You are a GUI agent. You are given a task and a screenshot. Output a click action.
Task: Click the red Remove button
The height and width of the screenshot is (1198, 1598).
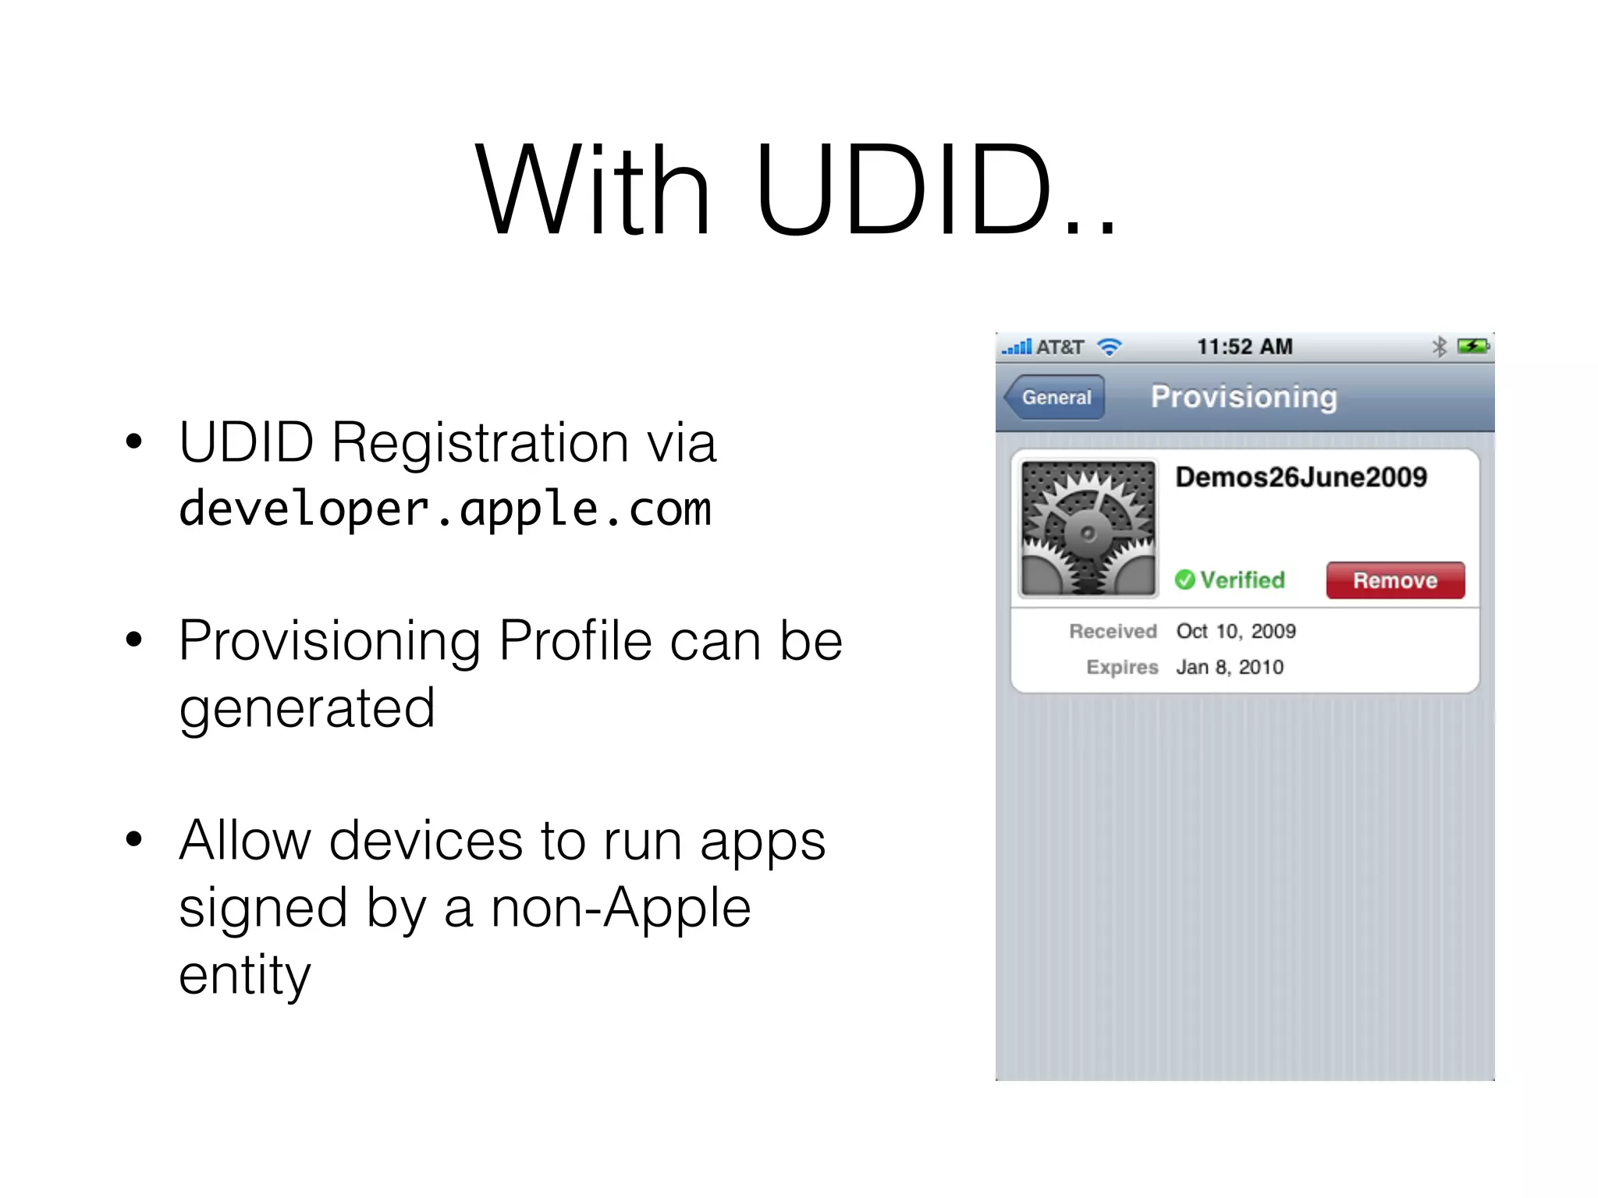[x=1395, y=580]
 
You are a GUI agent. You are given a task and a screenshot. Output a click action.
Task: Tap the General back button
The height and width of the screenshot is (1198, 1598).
[x=1055, y=397]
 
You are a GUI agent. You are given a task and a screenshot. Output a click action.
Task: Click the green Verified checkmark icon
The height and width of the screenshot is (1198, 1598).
[x=1184, y=580]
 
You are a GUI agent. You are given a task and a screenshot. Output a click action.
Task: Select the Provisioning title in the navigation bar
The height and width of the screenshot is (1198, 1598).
[x=1244, y=397]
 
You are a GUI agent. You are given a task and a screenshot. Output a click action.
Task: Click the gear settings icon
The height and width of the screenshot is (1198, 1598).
[x=1088, y=529]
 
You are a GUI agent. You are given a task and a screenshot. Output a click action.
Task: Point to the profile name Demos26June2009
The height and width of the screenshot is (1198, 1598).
[x=1301, y=477]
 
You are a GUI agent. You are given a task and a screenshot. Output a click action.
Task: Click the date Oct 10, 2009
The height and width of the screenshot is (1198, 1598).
[x=1236, y=631]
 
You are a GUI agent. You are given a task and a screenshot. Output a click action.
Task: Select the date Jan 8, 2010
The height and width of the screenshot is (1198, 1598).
[x=1230, y=668]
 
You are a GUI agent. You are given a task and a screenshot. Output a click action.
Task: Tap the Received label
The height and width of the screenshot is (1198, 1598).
[x=1113, y=631]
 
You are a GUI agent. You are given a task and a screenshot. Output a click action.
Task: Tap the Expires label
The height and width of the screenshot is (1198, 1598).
[x=1122, y=668]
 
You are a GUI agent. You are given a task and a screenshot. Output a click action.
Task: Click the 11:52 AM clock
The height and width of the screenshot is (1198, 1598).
[x=1245, y=347]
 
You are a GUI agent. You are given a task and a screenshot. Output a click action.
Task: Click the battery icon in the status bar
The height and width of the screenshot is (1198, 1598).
[x=1473, y=346]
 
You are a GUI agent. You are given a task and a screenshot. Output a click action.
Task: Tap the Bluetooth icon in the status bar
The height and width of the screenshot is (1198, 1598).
[x=1440, y=347]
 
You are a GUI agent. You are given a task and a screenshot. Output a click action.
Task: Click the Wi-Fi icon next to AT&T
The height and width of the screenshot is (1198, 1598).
[x=1109, y=347]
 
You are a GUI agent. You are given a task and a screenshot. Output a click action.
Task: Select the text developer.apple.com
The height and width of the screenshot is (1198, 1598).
[x=445, y=509]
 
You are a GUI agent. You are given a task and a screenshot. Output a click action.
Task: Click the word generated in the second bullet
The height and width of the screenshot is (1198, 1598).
[x=307, y=708]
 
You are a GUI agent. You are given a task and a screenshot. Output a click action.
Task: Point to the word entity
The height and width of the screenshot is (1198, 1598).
[x=244, y=975]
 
